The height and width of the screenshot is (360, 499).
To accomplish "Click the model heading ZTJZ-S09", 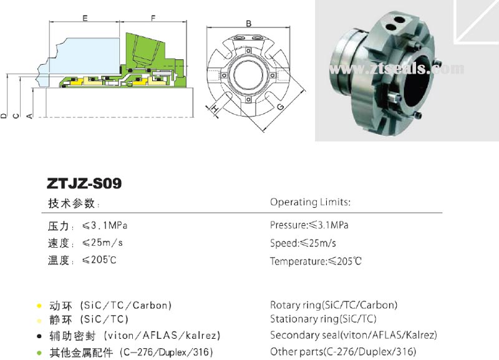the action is tap(84, 183).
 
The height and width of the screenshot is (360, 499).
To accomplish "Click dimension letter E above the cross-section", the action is tap(85, 18).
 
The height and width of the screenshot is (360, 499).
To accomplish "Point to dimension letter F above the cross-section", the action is tap(153, 18).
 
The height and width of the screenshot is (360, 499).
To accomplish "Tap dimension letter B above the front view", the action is tap(248, 23).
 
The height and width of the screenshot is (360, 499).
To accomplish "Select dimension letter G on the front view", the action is tap(280, 107).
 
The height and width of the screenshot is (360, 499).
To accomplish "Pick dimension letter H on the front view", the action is tap(215, 109).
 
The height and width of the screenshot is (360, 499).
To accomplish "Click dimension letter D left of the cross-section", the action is tap(4, 116).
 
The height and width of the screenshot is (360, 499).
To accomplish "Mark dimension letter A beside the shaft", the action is tap(29, 116).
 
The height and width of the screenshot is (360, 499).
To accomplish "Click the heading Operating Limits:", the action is tap(310, 202).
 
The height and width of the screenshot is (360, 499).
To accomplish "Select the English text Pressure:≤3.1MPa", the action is tap(309, 225).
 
